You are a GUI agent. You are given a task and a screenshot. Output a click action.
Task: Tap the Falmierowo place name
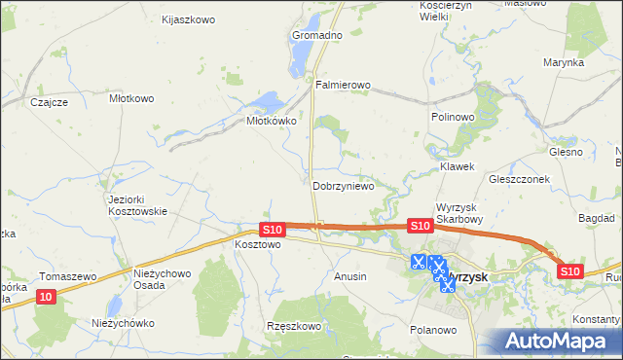pyautogui.click(x=344, y=86)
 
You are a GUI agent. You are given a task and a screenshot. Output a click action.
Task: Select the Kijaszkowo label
pyautogui.click(x=189, y=19)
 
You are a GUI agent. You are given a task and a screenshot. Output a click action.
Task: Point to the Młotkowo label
pyautogui.click(x=131, y=98)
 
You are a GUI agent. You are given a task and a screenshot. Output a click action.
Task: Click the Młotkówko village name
pyautogui.click(x=270, y=122)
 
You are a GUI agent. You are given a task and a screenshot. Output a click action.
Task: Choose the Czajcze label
pyautogui.click(x=49, y=102)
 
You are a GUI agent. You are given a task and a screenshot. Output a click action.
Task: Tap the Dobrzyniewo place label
pyautogui.click(x=343, y=186)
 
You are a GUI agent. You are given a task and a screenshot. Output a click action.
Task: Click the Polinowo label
pyautogui.click(x=452, y=117)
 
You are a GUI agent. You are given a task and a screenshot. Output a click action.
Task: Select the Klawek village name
pyautogui.click(x=457, y=166)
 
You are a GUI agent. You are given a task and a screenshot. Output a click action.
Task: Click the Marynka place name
pyautogui.click(x=564, y=62)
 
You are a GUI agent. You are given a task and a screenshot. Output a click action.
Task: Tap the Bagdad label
pyautogui.click(x=596, y=219)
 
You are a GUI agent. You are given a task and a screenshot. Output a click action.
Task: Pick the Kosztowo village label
pyautogui.click(x=258, y=245)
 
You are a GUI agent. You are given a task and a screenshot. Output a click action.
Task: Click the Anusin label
pyautogui.click(x=350, y=276)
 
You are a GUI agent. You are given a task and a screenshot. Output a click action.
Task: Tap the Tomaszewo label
pyautogui.click(x=68, y=276)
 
